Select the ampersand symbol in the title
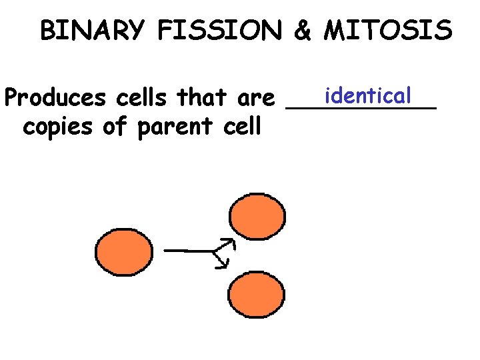pyautogui.click(x=302, y=31)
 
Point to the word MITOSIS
pyautogui.click(x=387, y=31)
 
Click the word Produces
pyautogui.click(x=55, y=99)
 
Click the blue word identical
pyautogui.click(x=365, y=95)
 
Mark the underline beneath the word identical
pyautogui.click(x=361, y=107)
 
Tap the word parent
pyautogui.click(x=173, y=127)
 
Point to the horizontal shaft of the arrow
pyautogui.click(x=187, y=251)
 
